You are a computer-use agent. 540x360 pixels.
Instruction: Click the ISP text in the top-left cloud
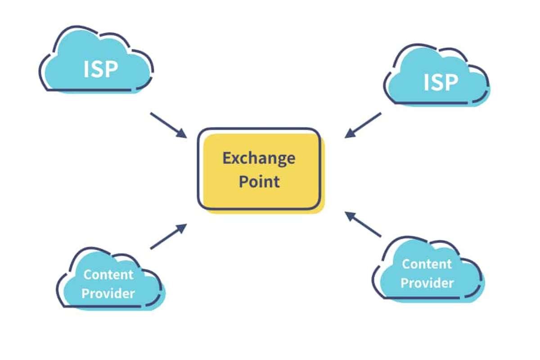tap(100, 69)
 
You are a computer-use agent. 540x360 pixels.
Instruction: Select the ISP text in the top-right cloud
tap(441, 82)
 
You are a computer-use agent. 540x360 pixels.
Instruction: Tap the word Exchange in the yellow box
tap(259, 159)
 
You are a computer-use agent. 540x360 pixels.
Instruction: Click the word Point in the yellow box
tap(259, 181)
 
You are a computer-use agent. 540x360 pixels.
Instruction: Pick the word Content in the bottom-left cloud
tap(108, 274)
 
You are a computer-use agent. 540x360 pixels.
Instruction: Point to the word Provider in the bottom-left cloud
tap(108, 293)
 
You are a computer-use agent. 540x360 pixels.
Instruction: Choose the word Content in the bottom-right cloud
tap(427, 264)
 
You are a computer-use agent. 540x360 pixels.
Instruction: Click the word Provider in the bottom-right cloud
tap(427, 283)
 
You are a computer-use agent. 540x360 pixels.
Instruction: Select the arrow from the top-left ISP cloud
tap(168, 125)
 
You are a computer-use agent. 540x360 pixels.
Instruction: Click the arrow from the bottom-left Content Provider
tap(168, 236)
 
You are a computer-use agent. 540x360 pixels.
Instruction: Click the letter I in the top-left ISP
tap(86, 69)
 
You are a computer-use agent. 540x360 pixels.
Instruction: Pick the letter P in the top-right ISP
tap(451, 82)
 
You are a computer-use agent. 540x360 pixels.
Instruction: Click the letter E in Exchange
tap(226, 158)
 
